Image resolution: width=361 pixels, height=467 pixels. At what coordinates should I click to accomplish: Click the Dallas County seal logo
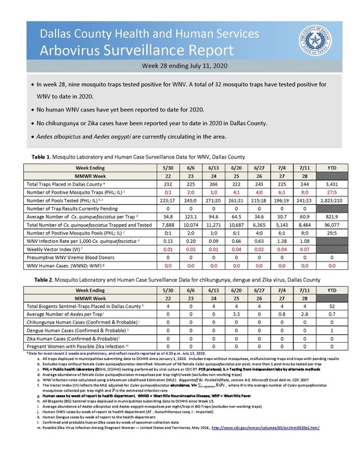pyautogui.click(x=314, y=39)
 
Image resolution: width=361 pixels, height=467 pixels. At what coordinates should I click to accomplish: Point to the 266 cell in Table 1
pyautogui.click(x=197, y=184)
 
